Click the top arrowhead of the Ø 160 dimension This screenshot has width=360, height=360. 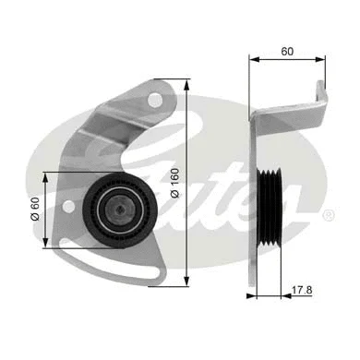coord(188,77)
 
